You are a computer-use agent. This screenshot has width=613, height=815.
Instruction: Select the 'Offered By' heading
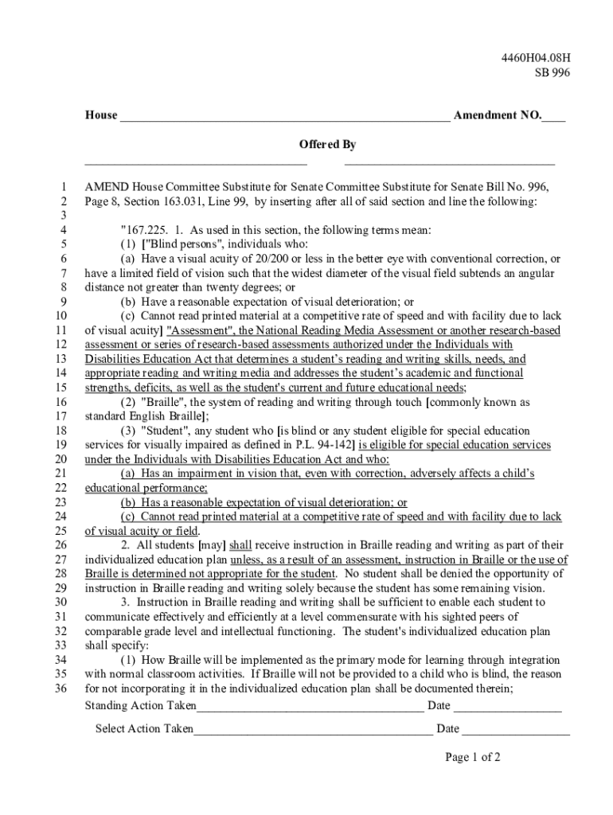pos(327,144)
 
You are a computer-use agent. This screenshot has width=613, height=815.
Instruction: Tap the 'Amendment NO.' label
pos(496,115)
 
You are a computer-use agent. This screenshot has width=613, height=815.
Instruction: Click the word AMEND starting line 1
pos(107,187)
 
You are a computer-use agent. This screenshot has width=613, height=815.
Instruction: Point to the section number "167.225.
pos(141,230)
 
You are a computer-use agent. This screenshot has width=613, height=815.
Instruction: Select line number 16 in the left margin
pos(61,402)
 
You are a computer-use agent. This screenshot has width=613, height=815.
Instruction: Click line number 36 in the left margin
pos(61,688)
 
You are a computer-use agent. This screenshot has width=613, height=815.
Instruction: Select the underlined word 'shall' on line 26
pos(240,545)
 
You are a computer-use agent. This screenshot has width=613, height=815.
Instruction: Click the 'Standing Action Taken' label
pos(139,706)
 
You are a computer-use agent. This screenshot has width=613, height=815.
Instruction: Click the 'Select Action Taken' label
pos(143,728)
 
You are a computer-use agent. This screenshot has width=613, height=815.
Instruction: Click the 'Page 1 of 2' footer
pos(473,757)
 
